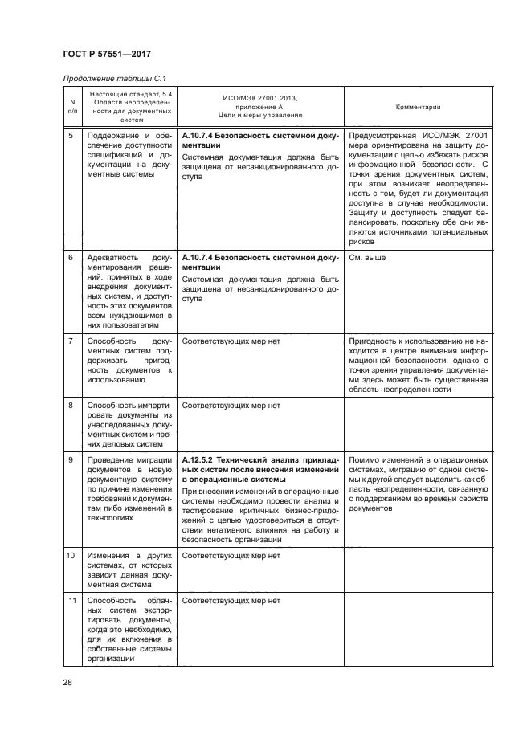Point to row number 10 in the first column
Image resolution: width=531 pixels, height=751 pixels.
tap(71, 555)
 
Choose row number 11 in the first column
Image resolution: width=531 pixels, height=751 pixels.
tap(71, 600)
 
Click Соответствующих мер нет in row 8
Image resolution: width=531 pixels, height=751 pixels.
tap(231, 406)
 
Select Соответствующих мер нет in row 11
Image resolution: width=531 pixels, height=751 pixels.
tap(231, 600)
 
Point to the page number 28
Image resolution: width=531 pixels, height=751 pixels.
tap(67, 683)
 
